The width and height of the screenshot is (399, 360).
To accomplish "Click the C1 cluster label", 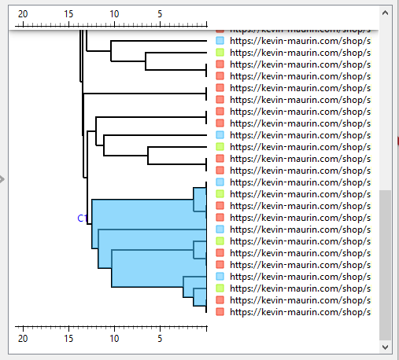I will point(81,219).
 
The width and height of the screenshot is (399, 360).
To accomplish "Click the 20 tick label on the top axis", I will point(23,14).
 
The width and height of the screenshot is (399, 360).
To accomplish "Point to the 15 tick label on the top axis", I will point(68,14).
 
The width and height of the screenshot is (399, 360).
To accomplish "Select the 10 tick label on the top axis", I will point(114,14).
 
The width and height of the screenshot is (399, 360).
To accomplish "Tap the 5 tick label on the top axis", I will point(160,14).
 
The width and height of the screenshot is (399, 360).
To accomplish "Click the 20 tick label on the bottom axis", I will point(23,338).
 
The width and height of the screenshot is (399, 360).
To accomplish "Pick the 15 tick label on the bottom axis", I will point(68,338).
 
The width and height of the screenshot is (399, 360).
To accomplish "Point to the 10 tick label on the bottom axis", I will point(114,338).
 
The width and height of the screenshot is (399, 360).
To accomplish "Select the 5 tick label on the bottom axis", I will point(160,338).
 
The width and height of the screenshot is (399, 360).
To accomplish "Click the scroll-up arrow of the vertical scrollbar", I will point(385,13).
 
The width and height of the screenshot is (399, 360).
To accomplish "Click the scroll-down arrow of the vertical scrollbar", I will point(385,346).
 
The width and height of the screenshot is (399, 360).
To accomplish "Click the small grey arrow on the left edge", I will point(3,180).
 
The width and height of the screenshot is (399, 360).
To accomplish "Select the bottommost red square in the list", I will point(220,312).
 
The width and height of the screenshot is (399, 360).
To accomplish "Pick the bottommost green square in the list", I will point(220,288).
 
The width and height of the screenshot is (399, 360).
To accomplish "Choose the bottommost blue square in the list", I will point(220,277).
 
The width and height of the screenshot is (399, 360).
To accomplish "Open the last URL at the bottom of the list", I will point(299,312).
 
